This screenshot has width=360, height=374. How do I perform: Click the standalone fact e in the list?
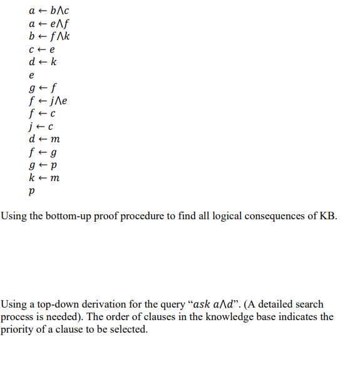coord(32,75)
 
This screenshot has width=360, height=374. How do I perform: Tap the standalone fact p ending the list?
coord(32,192)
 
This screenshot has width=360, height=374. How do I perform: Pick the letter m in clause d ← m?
coord(56,139)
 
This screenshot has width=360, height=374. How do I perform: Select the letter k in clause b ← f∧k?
coord(66,36)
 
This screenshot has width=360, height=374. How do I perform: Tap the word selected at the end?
coord(129,330)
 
